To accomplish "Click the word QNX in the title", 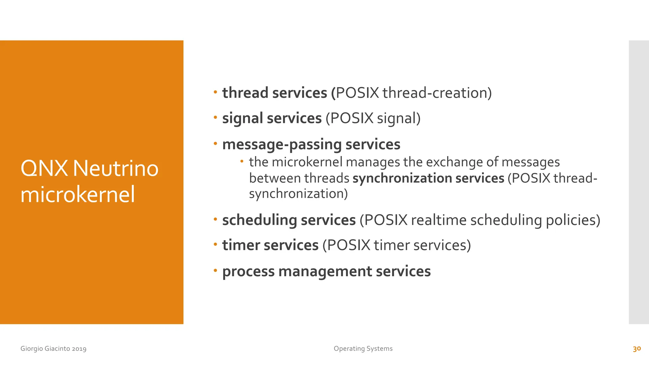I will (x=44, y=168).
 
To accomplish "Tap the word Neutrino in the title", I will (x=115, y=168).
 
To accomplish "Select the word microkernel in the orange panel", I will (x=78, y=195).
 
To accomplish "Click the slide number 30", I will (x=637, y=349).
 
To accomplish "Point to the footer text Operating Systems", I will (x=363, y=349).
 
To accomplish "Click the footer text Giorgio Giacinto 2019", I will (x=53, y=349).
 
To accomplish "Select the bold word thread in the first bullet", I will (x=245, y=93).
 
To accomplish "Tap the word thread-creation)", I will (x=437, y=93).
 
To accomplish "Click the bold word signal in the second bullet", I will (x=242, y=118).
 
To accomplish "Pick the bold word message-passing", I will (x=282, y=144).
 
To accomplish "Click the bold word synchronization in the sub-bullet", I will (x=402, y=178).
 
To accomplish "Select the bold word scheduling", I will (x=260, y=220).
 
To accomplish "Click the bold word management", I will (x=325, y=272).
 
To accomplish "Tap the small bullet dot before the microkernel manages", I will (x=242, y=162).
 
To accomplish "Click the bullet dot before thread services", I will (x=215, y=92).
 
